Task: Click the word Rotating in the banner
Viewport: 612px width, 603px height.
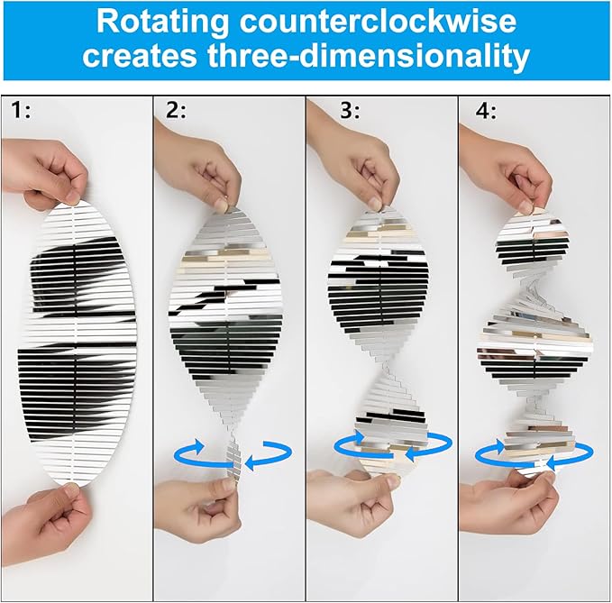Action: [x=162, y=22]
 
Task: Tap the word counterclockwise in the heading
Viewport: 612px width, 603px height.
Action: [x=378, y=21]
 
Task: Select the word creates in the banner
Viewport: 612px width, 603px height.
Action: [x=140, y=56]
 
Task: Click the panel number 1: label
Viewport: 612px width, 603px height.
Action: [x=21, y=110]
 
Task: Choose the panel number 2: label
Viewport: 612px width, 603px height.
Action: [x=176, y=110]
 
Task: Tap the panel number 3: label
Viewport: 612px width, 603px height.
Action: [x=350, y=110]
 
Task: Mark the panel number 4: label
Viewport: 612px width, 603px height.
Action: [x=486, y=111]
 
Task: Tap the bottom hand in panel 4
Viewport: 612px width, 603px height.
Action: [x=507, y=504]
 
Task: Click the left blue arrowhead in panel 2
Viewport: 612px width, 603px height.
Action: [x=199, y=446]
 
